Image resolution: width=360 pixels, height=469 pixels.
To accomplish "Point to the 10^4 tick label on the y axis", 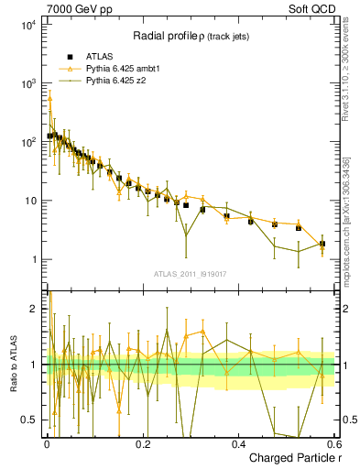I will [27, 25].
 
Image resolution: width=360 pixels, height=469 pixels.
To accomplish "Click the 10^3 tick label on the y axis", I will [27, 83].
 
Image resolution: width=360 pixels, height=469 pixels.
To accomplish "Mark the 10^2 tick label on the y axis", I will [27, 142].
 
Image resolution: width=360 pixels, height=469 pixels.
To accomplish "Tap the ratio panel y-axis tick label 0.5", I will [30, 420].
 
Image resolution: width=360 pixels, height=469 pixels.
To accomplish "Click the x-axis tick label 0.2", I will [142, 442].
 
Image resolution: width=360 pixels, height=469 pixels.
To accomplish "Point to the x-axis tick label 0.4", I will [238, 442].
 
